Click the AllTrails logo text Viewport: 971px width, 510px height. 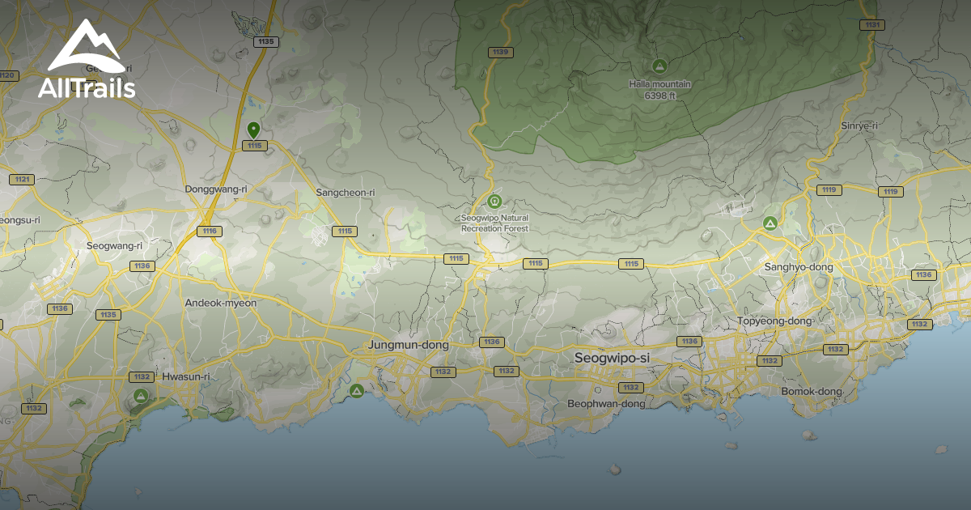[87, 88]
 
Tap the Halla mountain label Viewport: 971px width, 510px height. [659, 84]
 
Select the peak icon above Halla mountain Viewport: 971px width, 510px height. [659, 66]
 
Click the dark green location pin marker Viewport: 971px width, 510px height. [254, 130]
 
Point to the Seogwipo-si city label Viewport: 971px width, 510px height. [612, 357]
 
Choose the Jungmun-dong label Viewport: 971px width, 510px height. [408, 345]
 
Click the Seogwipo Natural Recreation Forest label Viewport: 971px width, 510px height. [495, 223]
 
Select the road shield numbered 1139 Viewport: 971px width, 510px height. [500, 53]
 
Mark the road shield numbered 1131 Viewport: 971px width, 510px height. [872, 25]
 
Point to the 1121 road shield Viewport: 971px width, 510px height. [22, 179]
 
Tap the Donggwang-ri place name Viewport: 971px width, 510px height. [216, 189]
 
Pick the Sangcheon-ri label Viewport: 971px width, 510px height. [346, 193]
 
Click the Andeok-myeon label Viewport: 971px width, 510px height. [221, 303]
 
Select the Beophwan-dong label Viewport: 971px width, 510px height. [606, 403]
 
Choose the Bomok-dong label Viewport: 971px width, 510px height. [812, 391]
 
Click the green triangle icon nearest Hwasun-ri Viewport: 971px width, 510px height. [141, 396]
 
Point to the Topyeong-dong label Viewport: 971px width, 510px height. [774, 321]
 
